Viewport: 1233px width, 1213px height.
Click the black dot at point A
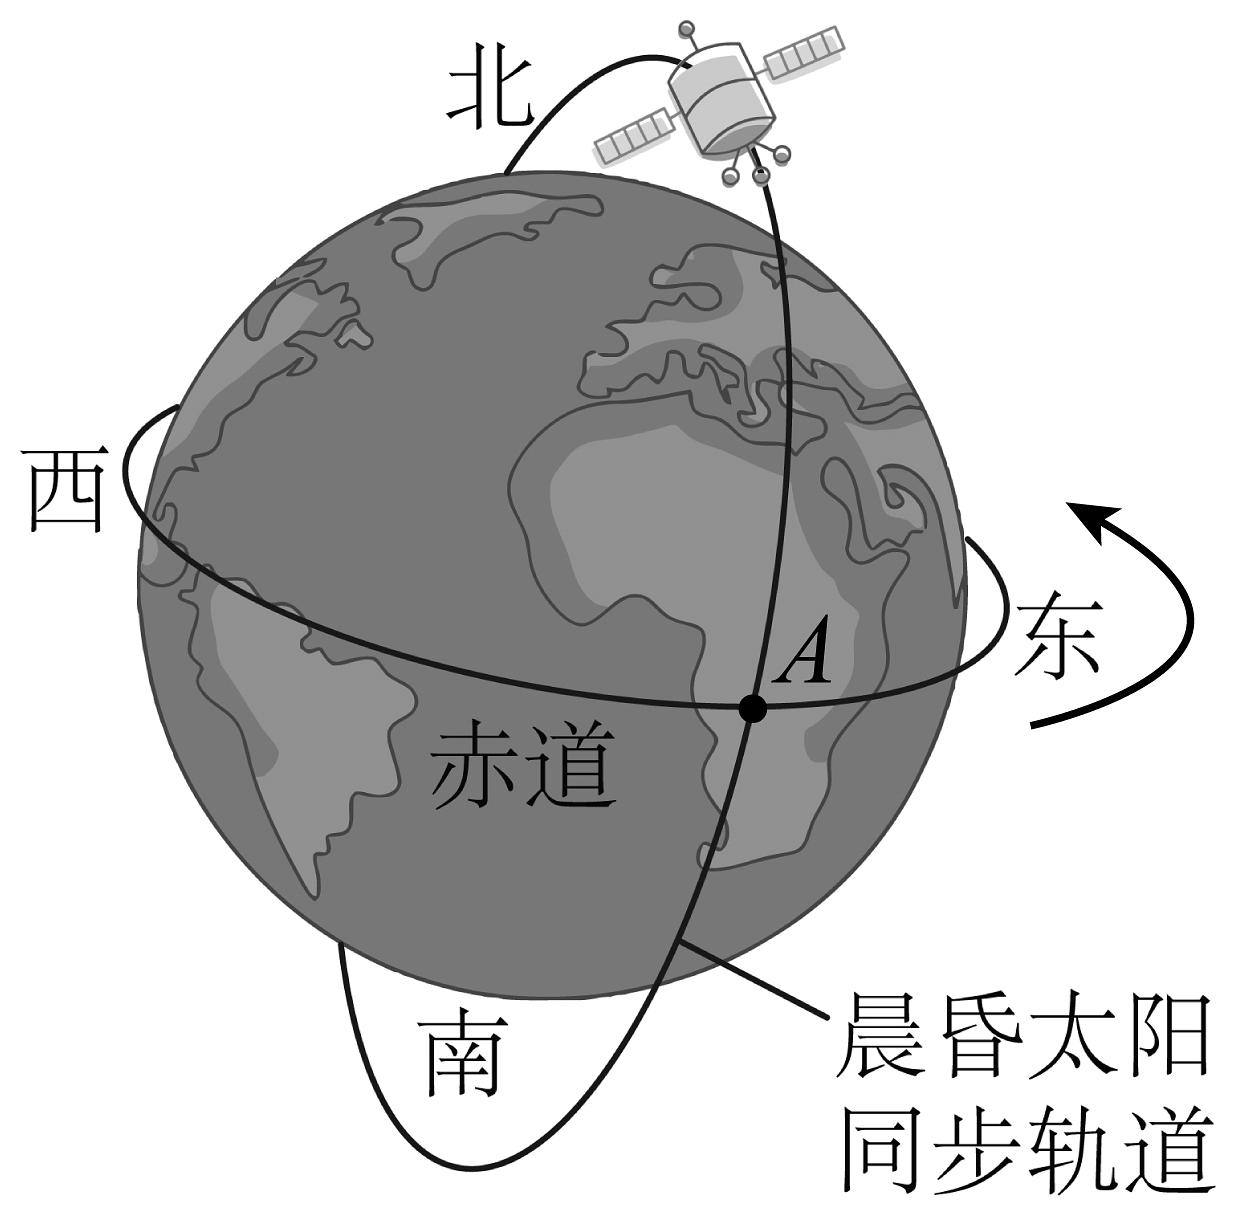752,709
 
